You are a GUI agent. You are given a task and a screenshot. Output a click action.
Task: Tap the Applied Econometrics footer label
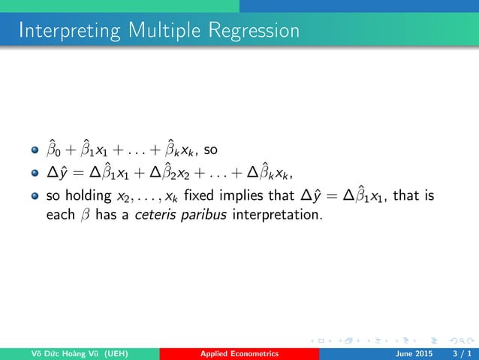[239, 353]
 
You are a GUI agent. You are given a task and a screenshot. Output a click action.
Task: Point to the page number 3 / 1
[459, 353]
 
